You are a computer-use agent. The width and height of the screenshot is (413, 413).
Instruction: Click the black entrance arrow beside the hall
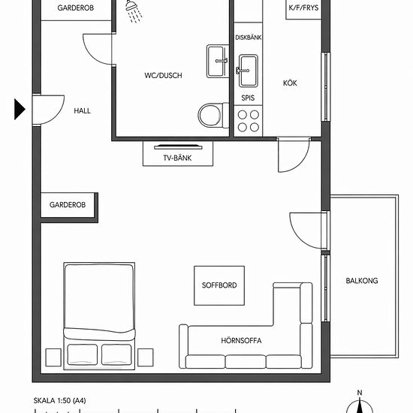pyautogui.click(x=20, y=109)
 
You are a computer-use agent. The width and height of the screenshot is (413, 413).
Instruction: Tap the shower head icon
pyautogui.click(x=133, y=11)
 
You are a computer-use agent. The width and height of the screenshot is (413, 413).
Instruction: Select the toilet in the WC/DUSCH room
pyautogui.click(x=213, y=116)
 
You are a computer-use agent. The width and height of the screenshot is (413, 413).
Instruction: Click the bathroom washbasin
pyautogui.click(x=218, y=61)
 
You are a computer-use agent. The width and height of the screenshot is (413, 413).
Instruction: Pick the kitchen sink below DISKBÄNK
pyautogui.click(x=248, y=71)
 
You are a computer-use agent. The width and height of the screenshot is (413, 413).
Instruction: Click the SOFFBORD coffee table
pyautogui.click(x=219, y=285)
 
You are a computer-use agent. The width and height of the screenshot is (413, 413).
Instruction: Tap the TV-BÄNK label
pyautogui.click(x=177, y=158)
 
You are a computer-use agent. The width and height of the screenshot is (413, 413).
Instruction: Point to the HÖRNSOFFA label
pyautogui.click(x=241, y=341)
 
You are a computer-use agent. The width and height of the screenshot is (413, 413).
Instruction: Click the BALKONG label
pyautogui.click(x=362, y=281)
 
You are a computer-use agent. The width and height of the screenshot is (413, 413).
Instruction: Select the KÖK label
pyautogui.click(x=290, y=83)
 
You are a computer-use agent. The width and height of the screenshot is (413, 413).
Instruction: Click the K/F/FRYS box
pyautogui.click(x=303, y=10)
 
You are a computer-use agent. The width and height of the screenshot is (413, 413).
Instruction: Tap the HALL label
pyautogui.click(x=82, y=110)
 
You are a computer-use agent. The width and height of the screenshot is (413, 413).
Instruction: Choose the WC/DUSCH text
pyautogui.click(x=163, y=75)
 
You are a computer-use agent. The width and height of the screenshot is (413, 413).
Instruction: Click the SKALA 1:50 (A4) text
pyautogui.click(x=59, y=401)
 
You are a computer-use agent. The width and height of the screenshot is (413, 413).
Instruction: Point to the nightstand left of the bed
pyautogui.click(x=53, y=357)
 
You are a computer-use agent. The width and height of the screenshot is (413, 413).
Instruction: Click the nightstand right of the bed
pyautogui.click(x=146, y=357)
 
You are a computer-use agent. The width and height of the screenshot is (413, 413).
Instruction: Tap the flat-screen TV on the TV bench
pyautogui.click(x=178, y=147)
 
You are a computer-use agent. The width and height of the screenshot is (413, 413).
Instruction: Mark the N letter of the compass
pyautogui.click(x=360, y=393)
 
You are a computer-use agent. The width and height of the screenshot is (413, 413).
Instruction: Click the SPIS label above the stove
pyautogui.click(x=248, y=98)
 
